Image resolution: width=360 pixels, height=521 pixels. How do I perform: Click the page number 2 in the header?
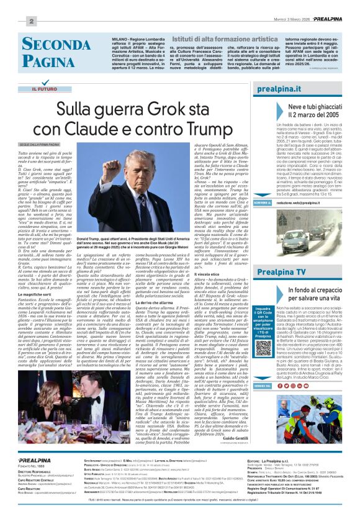(31, 21)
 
